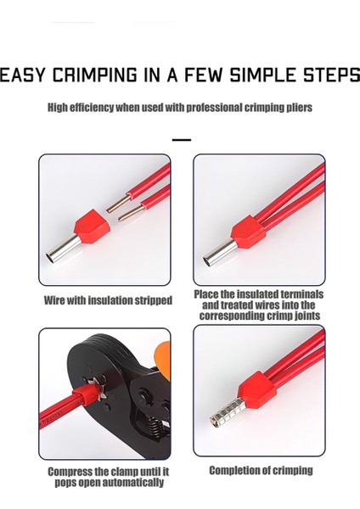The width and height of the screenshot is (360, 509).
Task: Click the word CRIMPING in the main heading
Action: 95,75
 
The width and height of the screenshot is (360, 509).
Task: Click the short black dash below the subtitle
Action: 182,140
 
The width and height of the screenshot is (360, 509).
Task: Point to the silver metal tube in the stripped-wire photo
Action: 63,249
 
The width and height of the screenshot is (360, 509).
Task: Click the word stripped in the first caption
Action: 154,300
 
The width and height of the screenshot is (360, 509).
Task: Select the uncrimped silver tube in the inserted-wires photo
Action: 220,252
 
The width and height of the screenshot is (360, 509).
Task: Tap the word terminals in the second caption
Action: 302,294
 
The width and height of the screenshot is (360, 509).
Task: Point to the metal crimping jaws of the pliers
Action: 94,389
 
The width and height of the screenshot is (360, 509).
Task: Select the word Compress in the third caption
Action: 70,472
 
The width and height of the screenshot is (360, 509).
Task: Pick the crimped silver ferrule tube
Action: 228,411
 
